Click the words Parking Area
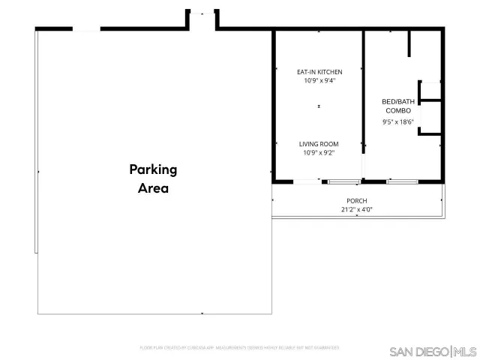click(x=153, y=178)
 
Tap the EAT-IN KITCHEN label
click(x=319, y=72)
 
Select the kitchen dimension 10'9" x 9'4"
click(x=319, y=81)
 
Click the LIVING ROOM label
click(x=319, y=144)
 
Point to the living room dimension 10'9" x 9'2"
click(x=319, y=153)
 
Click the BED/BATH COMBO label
click(x=397, y=105)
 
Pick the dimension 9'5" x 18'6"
click(x=397, y=121)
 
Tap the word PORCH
click(x=356, y=200)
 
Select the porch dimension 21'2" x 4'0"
click(x=356, y=209)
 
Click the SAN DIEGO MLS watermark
click(x=433, y=351)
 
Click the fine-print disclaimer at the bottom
click(x=239, y=348)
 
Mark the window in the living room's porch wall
click(x=343, y=181)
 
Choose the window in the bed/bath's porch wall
click(x=403, y=181)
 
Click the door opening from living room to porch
click(x=307, y=181)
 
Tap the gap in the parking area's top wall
click(x=86, y=29)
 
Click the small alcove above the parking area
click(x=202, y=21)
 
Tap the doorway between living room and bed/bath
click(x=364, y=163)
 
